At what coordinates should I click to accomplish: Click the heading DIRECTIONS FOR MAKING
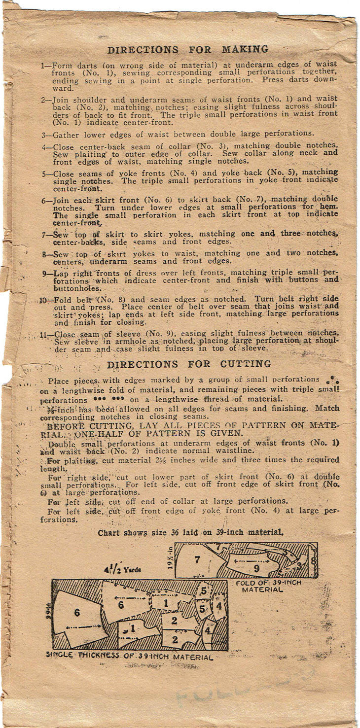click(188, 49)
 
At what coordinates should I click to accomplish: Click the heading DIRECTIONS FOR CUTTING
click(188, 364)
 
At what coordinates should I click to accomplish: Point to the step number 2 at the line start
click(43, 99)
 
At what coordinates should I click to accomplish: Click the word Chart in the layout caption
click(108, 532)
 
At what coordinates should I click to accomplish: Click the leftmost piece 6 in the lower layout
click(77, 613)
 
